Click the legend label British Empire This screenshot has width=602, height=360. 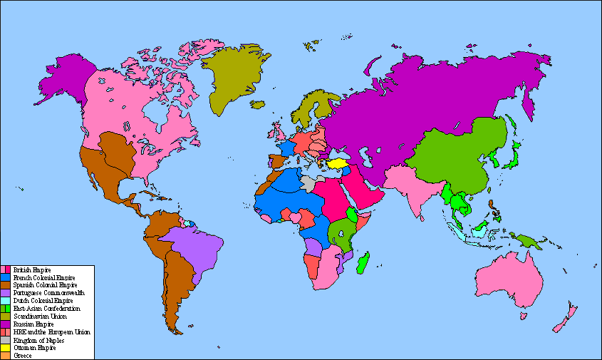(27, 270)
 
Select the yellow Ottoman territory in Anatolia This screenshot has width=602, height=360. (338, 163)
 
